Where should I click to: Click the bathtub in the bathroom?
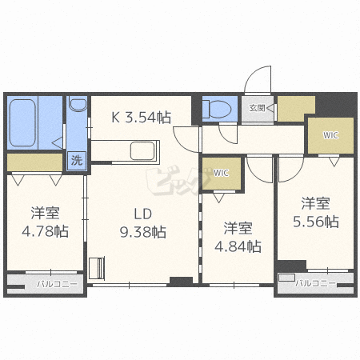22,123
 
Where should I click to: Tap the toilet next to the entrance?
218,109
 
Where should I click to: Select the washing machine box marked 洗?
77,160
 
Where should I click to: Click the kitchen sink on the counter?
142,151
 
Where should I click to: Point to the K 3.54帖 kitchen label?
141,118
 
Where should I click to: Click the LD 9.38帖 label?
143,222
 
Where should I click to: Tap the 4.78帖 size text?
45,231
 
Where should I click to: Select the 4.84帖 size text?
238,246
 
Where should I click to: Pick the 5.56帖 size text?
316,222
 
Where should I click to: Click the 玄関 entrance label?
257,108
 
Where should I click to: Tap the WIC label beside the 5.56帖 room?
330,135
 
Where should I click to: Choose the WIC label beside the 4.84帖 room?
221,173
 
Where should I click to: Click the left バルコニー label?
57,284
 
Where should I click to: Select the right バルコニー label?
315,283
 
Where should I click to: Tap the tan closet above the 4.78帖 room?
34,162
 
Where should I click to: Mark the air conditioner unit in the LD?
97,267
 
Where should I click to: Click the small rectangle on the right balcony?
286,278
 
